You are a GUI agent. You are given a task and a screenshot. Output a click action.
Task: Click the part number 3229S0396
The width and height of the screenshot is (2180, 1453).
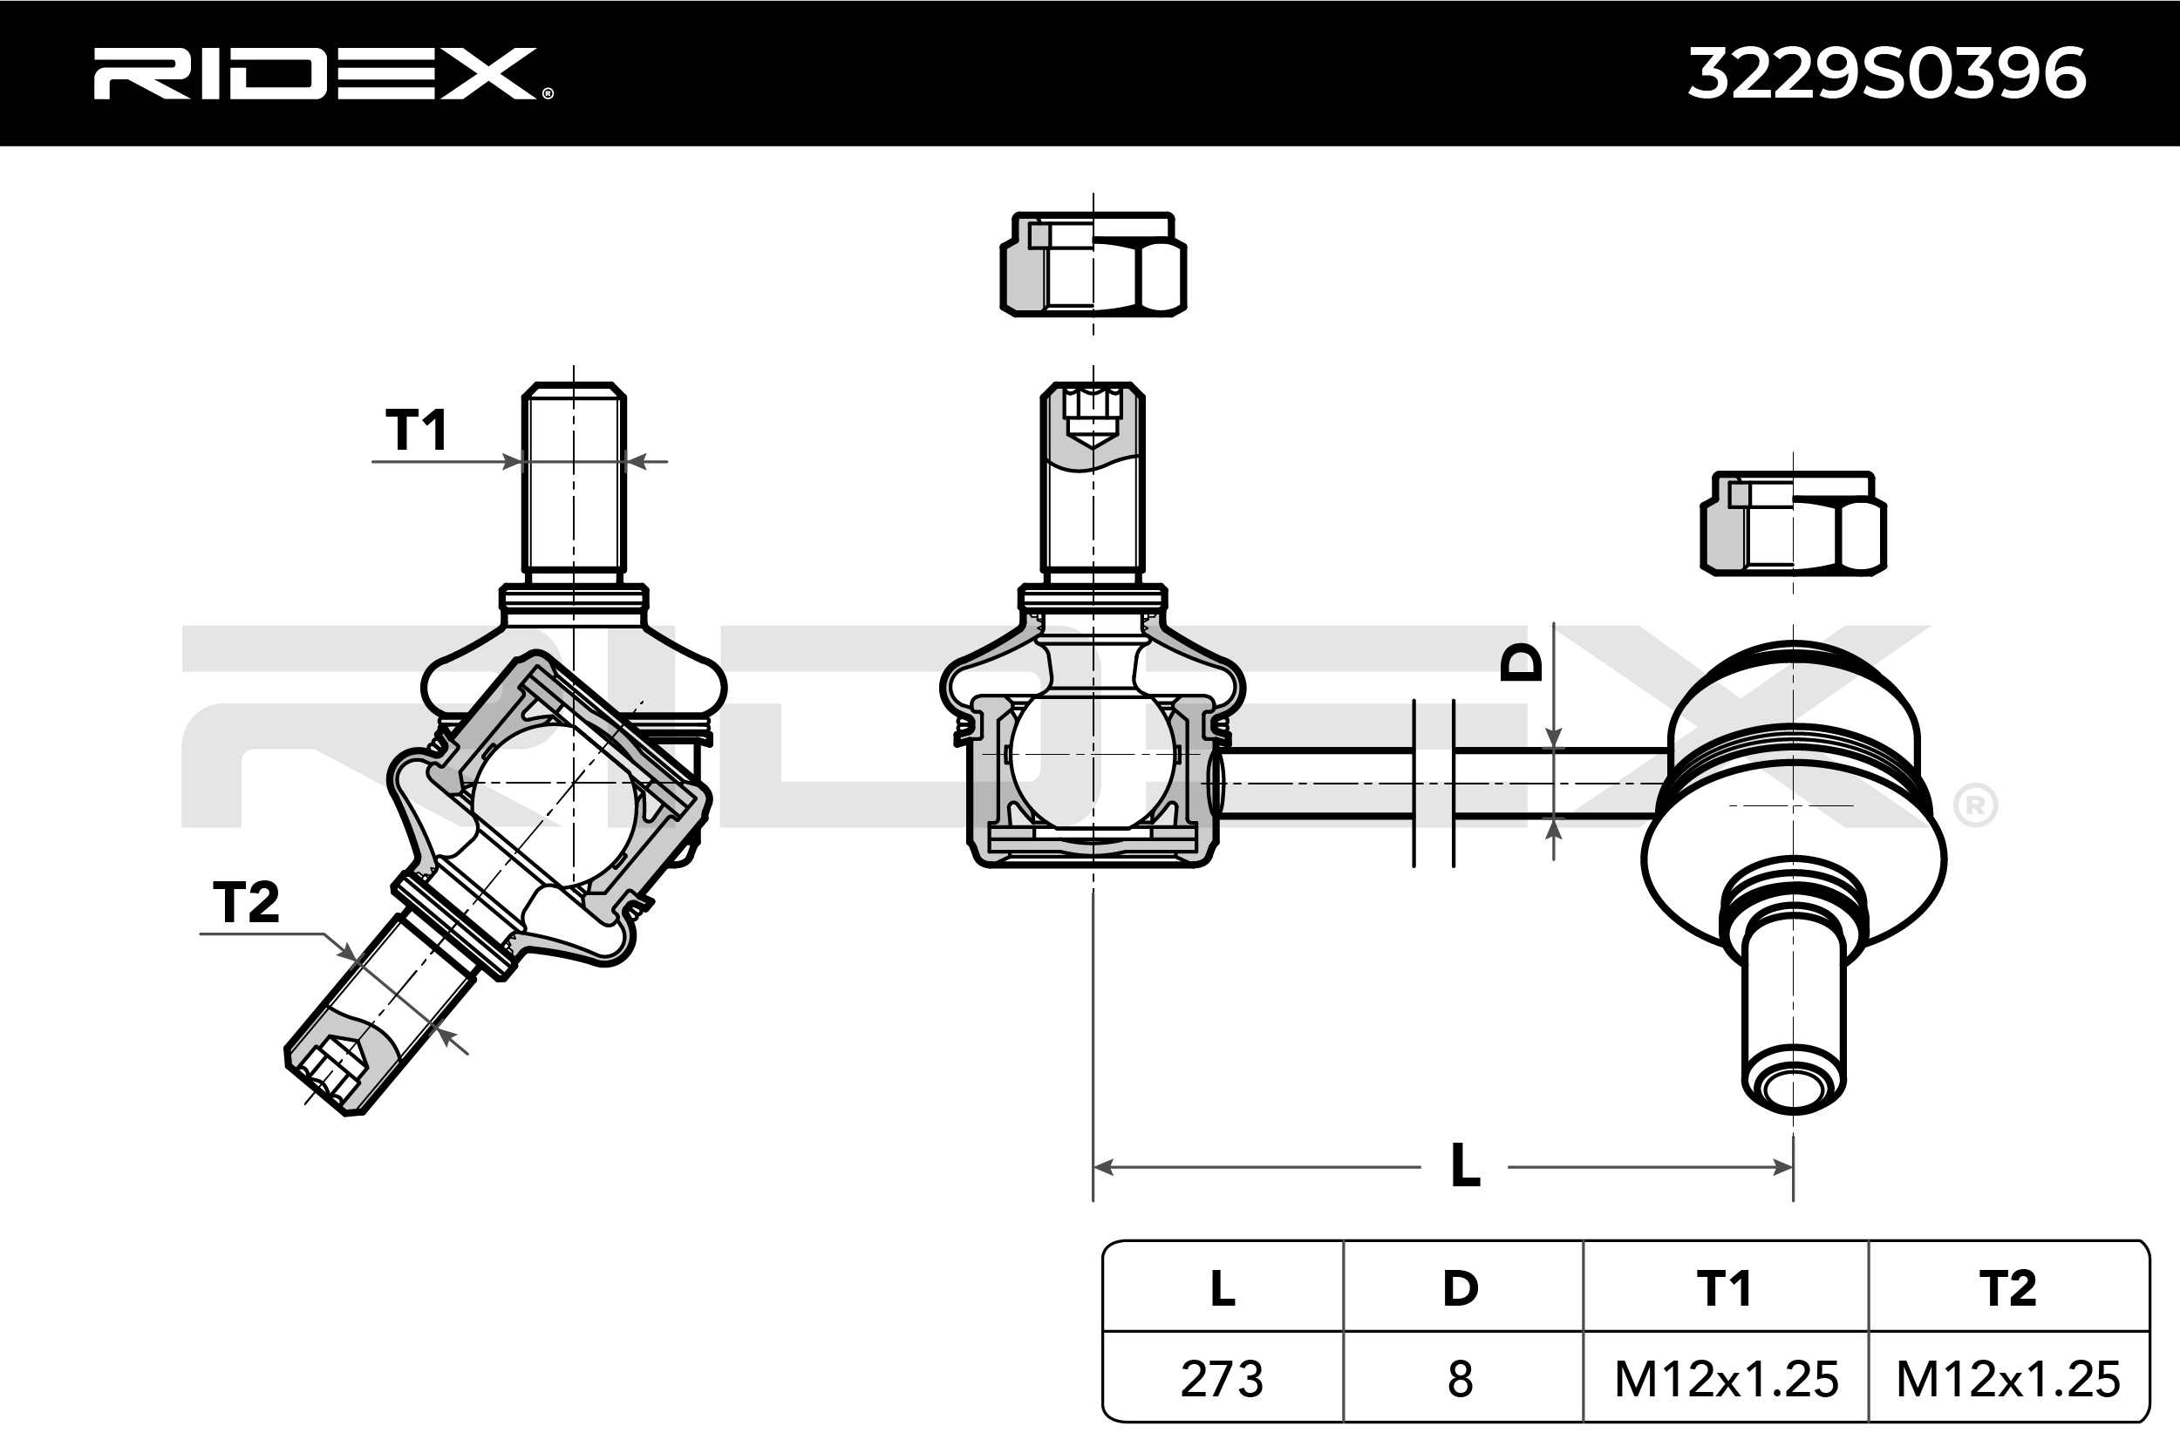click(1886, 74)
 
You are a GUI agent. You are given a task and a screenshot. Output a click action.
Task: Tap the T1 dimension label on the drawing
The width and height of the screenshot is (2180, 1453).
click(417, 430)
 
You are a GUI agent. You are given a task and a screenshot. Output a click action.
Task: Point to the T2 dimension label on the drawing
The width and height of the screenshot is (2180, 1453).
click(246, 901)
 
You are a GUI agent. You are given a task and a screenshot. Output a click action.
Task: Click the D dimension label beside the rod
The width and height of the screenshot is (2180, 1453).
click(1521, 662)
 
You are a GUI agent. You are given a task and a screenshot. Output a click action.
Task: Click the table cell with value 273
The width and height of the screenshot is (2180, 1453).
click(1222, 1379)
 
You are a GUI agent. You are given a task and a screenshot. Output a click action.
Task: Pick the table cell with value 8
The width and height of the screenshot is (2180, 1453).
click(1460, 1379)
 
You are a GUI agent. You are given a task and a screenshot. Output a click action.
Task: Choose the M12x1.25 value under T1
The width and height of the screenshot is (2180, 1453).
click(1726, 1379)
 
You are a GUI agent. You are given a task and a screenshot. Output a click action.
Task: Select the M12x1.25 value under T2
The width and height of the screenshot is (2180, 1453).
click(2007, 1379)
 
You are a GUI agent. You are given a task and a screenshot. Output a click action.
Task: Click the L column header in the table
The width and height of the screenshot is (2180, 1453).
click(1222, 1288)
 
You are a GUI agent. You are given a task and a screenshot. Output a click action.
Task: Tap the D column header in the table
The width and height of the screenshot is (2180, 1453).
click(1460, 1288)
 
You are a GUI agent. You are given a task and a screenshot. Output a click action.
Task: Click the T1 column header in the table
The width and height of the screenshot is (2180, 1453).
click(1724, 1288)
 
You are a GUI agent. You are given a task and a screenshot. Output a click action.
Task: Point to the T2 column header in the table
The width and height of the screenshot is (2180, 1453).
click(2007, 1288)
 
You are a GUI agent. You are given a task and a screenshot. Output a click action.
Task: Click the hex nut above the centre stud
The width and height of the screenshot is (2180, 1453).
click(1093, 265)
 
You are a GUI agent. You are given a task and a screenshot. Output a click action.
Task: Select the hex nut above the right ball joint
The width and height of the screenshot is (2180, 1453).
click(1794, 524)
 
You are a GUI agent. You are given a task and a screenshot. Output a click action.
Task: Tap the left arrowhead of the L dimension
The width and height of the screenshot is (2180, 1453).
click(1103, 1166)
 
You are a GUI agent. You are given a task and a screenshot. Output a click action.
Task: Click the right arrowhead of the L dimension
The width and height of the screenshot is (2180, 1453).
click(1783, 1166)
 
